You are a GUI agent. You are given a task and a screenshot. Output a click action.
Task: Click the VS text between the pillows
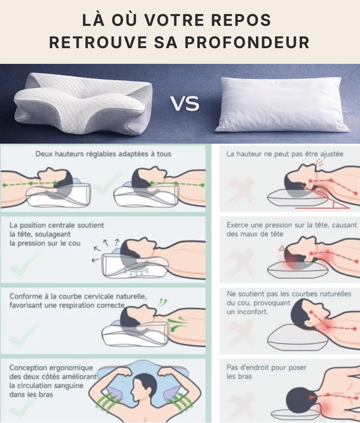185,104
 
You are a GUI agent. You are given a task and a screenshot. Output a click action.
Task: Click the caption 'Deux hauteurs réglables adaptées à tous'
103,154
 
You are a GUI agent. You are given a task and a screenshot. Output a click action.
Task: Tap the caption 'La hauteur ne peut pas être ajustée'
285,154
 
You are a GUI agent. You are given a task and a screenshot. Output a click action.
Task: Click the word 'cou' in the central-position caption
74,243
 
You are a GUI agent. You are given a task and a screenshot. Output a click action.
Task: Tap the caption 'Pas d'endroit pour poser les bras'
266,372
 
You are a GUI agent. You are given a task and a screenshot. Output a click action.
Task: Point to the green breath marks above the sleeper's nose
162,302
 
